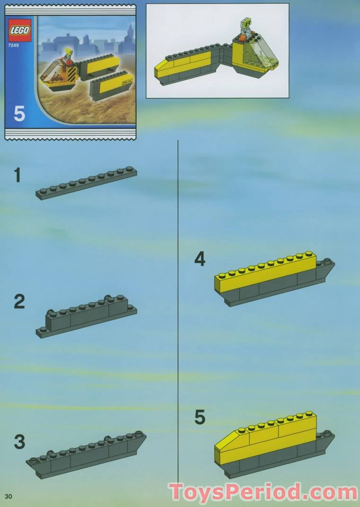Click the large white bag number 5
[x=19, y=114]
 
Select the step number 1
[x=18, y=175]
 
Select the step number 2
[x=19, y=301]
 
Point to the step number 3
[x=19, y=442]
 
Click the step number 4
[x=200, y=259]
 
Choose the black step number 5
[x=200, y=417]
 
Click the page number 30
[x=8, y=496]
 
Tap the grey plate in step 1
[x=86, y=184]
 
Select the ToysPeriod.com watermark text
[x=263, y=492]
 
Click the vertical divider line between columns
[x=178, y=307]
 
